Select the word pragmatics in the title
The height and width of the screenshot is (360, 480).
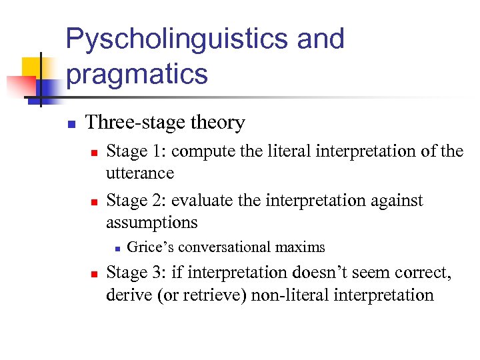point(137,74)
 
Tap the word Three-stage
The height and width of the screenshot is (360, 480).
point(137,123)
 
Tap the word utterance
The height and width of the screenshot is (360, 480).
point(140,173)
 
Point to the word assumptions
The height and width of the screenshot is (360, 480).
point(152,222)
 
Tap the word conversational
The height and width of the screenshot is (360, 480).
point(224,247)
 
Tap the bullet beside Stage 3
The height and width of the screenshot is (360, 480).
point(94,273)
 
